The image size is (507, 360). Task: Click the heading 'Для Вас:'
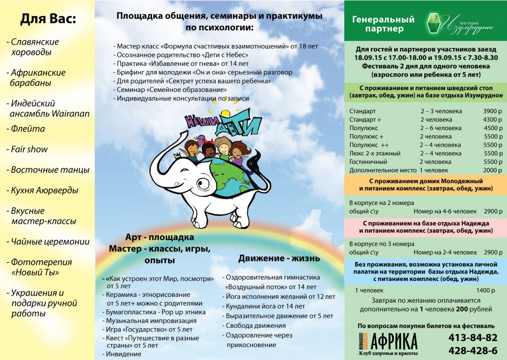coord(48,19)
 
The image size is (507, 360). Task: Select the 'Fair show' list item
coord(29,149)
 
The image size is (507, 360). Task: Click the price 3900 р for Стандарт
coord(492,111)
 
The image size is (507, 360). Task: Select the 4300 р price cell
coord(492,120)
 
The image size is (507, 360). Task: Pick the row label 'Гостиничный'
coord(368,162)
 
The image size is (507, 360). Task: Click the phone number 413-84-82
coord(473,338)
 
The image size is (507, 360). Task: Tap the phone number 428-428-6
coord(473,351)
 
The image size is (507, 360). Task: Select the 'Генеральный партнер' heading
coord(383,24)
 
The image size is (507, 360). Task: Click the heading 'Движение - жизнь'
coord(279,258)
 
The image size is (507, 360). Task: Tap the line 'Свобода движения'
coord(255,326)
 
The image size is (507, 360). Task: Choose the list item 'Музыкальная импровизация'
coord(151,321)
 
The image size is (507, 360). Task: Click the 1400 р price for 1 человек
coord(486,290)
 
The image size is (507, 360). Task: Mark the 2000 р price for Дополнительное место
coord(492,170)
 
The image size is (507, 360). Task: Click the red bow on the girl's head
coord(208,142)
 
